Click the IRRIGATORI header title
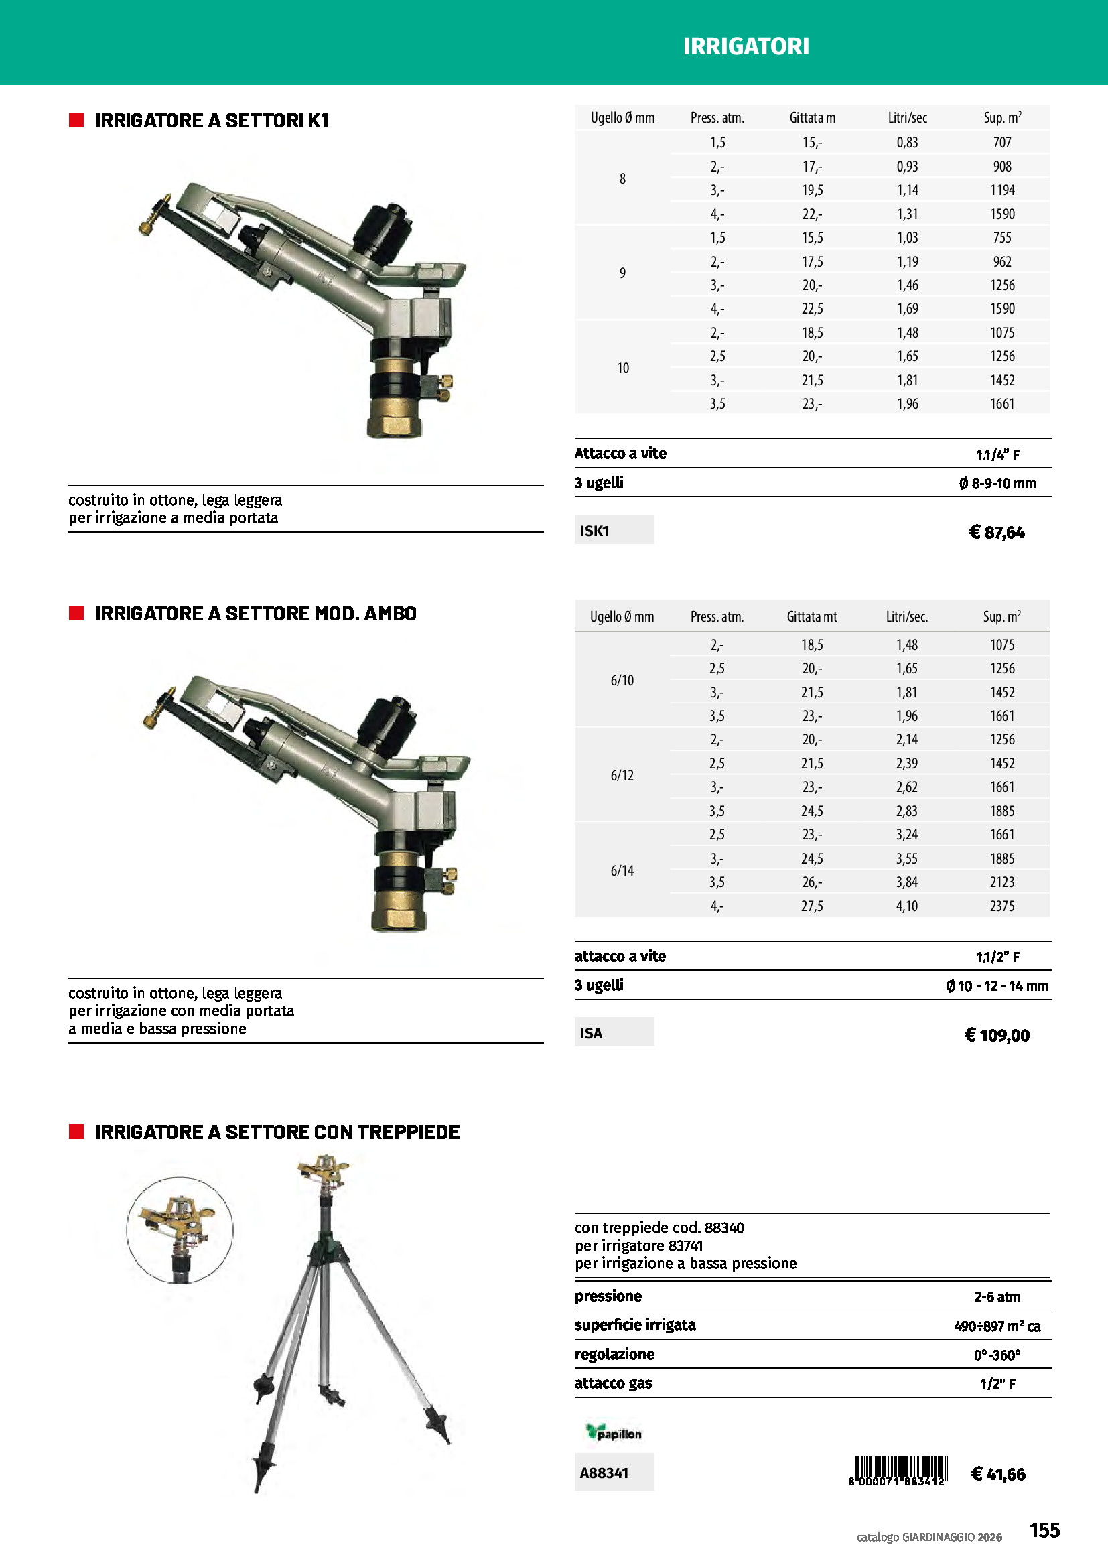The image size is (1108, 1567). pyautogui.click(x=746, y=46)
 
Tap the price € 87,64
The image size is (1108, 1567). pyautogui.click(x=996, y=533)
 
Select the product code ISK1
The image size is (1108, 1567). pyautogui.click(x=594, y=531)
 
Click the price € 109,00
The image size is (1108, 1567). pyautogui.click(x=996, y=1035)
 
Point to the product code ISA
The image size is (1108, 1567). pyautogui.click(x=592, y=1033)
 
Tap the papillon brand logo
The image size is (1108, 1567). pyautogui.click(x=614, y=1432)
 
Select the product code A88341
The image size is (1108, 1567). pyautogui.click(x=604, y=1473)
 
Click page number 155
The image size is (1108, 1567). pyautogui.click(x=1044, y=1530)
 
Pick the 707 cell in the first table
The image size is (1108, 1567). pyautogui.click(x=1001, y=143)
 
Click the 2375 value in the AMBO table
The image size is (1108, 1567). pyautogui.click(x=1001, y=906)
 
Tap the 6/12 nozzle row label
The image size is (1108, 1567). pyautogui.click(x=622, y=775)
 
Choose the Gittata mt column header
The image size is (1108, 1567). pyautogui.click(x=811, y=617)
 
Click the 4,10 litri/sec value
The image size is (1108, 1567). pyautogui.click(x=907, y=906)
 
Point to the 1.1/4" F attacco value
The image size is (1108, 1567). pyautogui.click(x=997, y=454)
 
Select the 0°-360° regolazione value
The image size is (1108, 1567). pyautogui.click(x=996, y=1355)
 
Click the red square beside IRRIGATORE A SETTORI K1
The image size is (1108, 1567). pyautogui.click(x=76, y=121)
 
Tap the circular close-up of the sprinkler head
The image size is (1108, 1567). pyautogui.click(x=180, y=1230)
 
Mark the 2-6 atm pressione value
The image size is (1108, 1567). pyautogui.click(x=996, y=1297)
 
